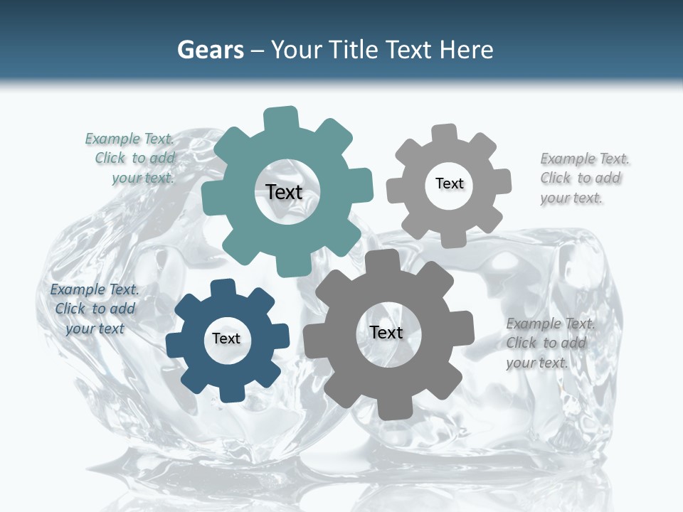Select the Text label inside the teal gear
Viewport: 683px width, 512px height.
click(x=284, y=192)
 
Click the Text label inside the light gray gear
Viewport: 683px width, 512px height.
click(x=449, y=183)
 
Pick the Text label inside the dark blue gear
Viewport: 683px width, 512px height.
click(x=226, y=338)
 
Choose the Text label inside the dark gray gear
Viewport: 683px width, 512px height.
click(x=386, y=332)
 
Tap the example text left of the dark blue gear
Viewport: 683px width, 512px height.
click(x=95, y=309)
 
